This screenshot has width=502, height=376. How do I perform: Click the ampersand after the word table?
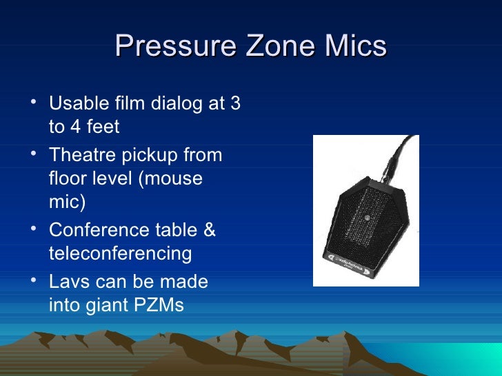coord(208,230)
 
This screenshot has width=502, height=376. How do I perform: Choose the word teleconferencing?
coord(121,254)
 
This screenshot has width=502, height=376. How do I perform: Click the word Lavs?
coord(69,282)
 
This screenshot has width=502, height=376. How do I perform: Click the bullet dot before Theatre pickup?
coord(34,154)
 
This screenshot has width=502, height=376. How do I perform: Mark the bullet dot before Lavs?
coord(34,281)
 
